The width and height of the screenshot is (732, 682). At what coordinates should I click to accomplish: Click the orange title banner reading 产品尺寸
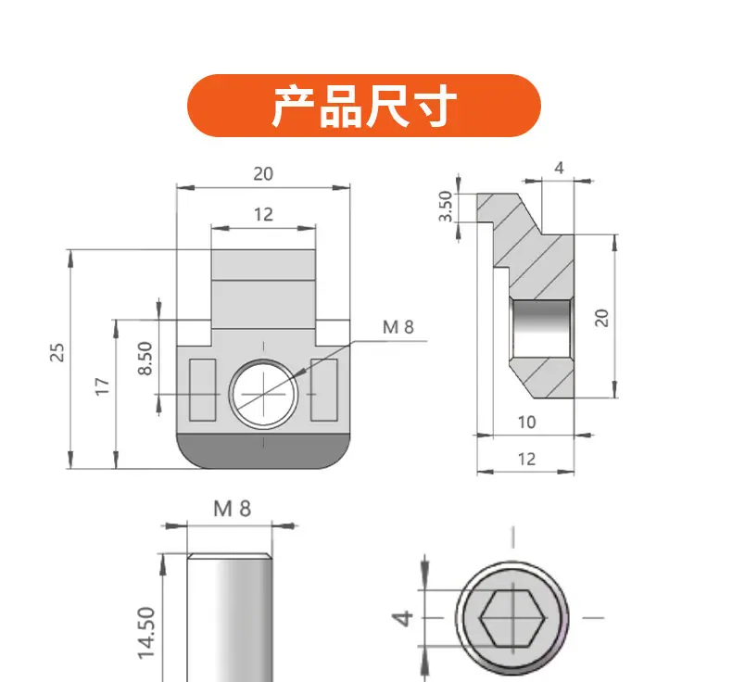[363, 106]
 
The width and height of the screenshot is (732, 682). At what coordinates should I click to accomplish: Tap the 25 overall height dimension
[57, 352]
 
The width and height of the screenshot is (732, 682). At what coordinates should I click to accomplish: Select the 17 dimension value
[102, 386]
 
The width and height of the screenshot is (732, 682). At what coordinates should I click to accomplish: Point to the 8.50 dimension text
[145, 358]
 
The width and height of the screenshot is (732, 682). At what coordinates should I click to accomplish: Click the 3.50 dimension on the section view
[447, 207]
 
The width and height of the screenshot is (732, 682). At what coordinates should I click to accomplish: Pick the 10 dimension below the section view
[526, 422]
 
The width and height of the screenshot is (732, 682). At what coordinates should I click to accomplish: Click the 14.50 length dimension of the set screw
[146, 633]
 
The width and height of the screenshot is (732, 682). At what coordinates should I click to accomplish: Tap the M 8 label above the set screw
[232, 509]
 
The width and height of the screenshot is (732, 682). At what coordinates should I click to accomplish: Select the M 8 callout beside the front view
[398, 327]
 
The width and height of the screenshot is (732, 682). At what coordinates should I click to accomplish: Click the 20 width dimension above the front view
[263, 173]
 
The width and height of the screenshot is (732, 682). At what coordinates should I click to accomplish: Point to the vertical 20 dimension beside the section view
[601, 318]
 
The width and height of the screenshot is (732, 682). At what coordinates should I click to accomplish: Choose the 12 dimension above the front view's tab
[263, 214]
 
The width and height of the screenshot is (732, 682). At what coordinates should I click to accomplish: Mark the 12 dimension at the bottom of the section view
[526, 459]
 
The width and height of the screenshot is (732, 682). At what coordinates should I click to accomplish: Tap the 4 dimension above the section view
[560, 168]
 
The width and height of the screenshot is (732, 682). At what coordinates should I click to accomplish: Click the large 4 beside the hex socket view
[402, 618]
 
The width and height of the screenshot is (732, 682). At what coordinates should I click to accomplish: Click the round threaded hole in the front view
[263, 394]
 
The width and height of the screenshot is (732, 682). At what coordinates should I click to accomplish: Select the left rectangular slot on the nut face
[203, 390]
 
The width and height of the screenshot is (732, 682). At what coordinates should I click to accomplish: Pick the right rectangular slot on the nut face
[324, 390]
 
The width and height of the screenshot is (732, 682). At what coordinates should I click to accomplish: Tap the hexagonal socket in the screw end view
[512, 618]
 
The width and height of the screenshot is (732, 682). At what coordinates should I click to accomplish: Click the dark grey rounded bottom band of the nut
[263, 451]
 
